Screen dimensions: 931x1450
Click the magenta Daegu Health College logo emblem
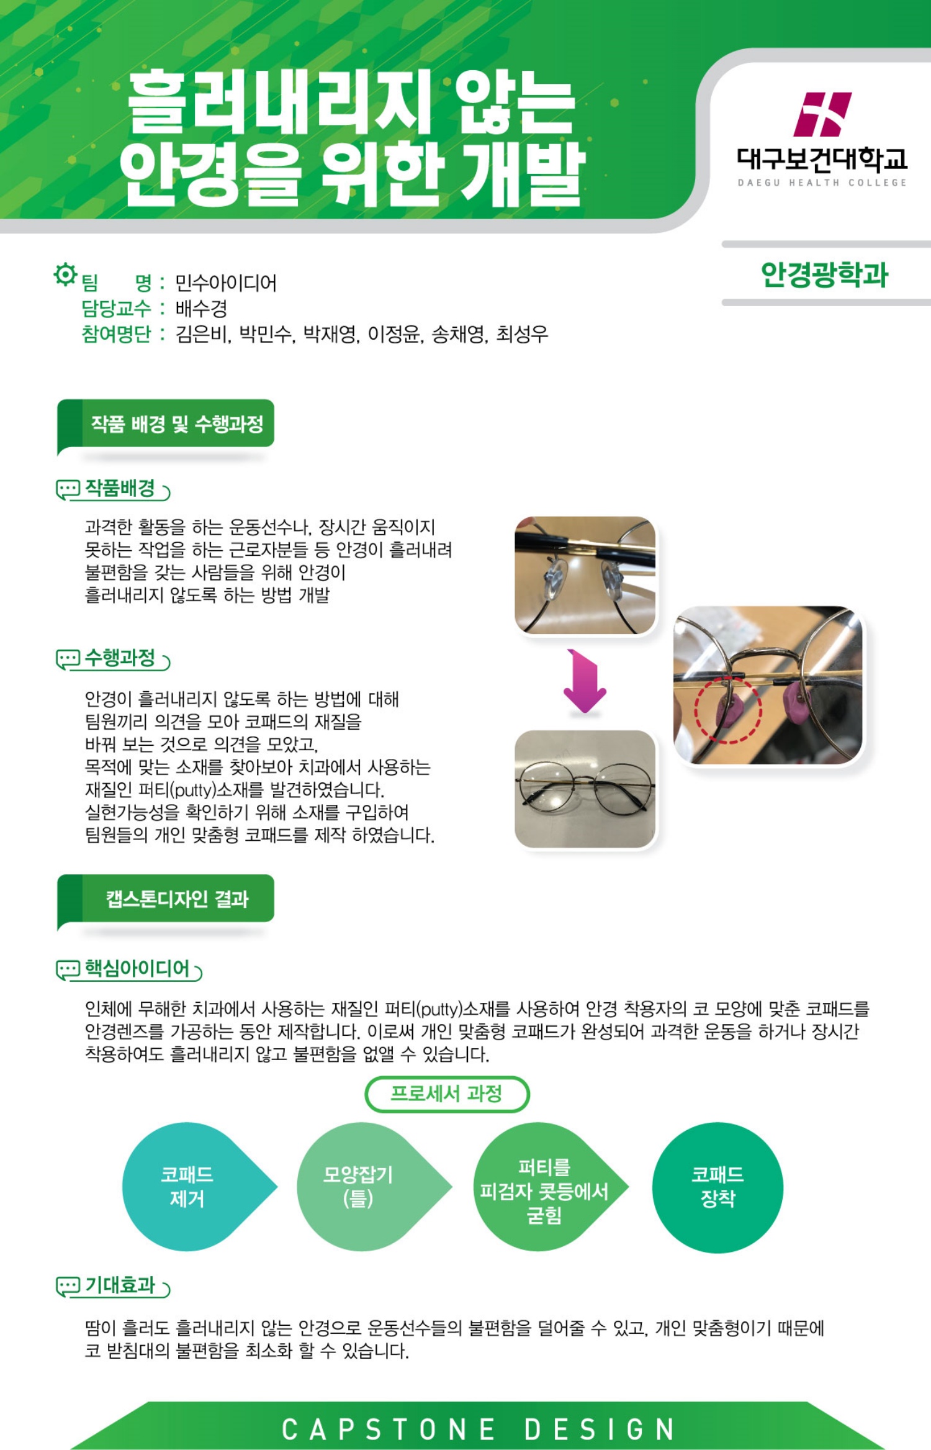pyautogui.click(x=822, y=114)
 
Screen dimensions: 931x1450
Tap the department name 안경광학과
pyautogui.click(x=825, y=274)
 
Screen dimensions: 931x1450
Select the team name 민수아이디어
pyautogui.click(x=226, y=283)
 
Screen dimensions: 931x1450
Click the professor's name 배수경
pyautogui.click(x=201, y=309)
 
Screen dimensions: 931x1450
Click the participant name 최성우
pyautogui.click(x=523, y=335)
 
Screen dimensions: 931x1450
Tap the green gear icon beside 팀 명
pyautogui.click(x=65, y=274)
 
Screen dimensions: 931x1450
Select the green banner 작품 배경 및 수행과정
pyautogui.click(x=166, y=424)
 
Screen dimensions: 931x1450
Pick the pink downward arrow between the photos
pyautogui.click(x=585, y=681)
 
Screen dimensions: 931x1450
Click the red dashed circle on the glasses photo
pyautogui.click(x=728, y=710)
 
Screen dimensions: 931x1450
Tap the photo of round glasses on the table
pyautogui.click(x=585, y=789)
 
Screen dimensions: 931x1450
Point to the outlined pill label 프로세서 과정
pyautogui.click(x=447, y=1094)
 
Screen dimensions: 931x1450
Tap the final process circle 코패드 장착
pyautogui.click(x=717, y=1187)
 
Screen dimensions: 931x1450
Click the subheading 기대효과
pyautogui.click(x=120, y=1285)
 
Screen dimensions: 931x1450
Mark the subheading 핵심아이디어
pyautogui.click(x=137, y=968)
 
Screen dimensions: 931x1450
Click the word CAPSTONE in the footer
pyautogui.click(x=389, y=1430)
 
